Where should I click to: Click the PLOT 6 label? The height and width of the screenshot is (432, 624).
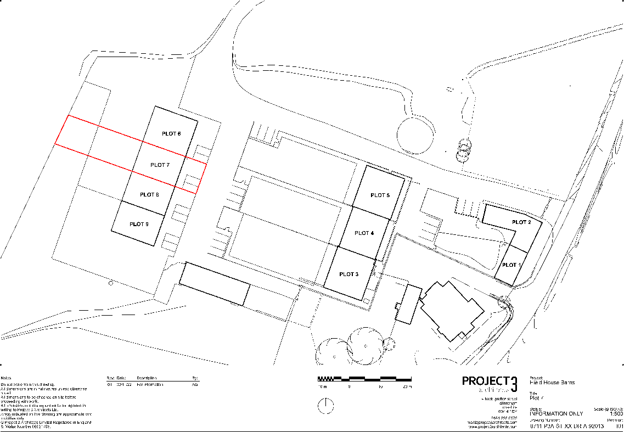tap(171, 133)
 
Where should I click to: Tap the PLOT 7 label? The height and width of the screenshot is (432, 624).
tap(160, 165)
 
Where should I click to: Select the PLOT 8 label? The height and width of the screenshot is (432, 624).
tap(149, 194)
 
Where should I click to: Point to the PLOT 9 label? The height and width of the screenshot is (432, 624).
tap(139, 224)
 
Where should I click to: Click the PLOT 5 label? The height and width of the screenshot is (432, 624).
tap(380, 195)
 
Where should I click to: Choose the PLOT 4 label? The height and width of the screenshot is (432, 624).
tap(364, 233)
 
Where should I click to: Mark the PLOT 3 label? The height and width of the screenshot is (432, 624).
tap(348, 274)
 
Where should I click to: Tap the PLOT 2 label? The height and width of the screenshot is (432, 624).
tap(521, 222)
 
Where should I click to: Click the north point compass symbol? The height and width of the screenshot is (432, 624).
tap(326, 406)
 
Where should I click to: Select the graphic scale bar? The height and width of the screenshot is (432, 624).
tap(364, 379)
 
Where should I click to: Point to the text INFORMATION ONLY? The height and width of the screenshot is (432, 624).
tap(555, 413)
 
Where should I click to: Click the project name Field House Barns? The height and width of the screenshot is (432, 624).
tap(553, 382)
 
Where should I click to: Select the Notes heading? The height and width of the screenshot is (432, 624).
tap(7, 378)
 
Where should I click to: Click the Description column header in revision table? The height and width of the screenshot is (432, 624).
tap(147, 378)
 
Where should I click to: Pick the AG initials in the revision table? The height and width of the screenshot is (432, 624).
tap(194, 385)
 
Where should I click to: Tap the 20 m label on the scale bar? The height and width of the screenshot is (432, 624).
tap(407, 387)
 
